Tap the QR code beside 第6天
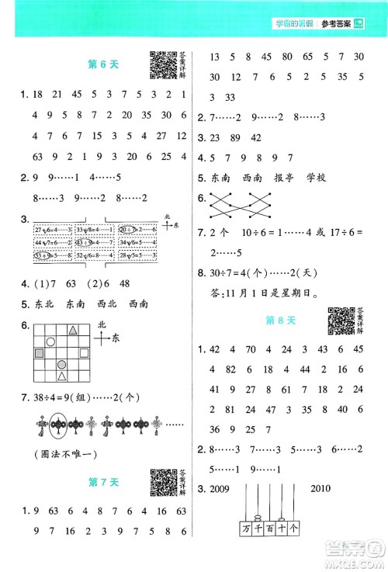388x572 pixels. coord(161,66)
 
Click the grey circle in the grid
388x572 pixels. coord(63,362)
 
